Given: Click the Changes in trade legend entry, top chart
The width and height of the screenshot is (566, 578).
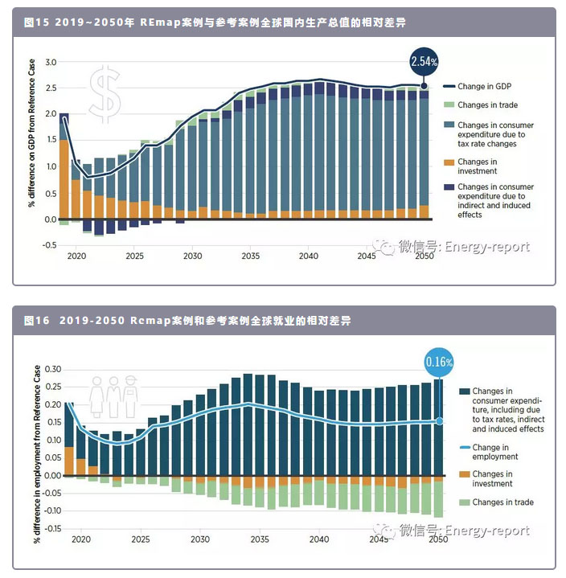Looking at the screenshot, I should [x=487, y=105].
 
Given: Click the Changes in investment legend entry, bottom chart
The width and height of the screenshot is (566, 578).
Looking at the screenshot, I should [x=493, y=478].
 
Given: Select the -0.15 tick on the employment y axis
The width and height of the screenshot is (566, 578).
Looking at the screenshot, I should [x=49, y=528].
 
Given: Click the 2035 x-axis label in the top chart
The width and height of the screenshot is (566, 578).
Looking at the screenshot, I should [x=251, y=234].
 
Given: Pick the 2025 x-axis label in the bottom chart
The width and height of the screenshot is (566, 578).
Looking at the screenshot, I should [x=141, y=540].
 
